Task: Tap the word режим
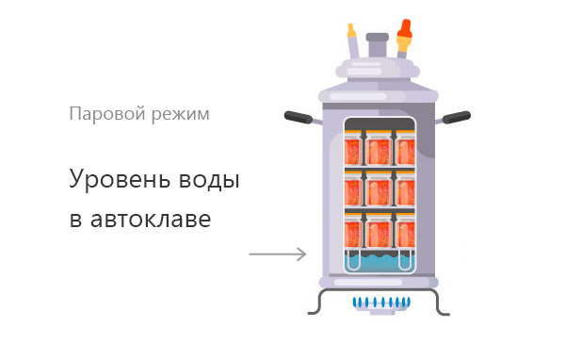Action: [x=180, y=115]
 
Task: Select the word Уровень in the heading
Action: [x=120, y=179]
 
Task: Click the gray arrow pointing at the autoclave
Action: [x=278, y=254]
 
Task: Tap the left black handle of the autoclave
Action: [x=299, y=117]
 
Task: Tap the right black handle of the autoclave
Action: [x=456, y=117]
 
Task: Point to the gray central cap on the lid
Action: [x=378, y=44]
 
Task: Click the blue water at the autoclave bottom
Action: [x=379, y=262]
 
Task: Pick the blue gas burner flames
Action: [x=382, y=303]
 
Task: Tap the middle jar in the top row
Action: [x=379, y=151]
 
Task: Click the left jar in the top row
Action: [x=353, y=151]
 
